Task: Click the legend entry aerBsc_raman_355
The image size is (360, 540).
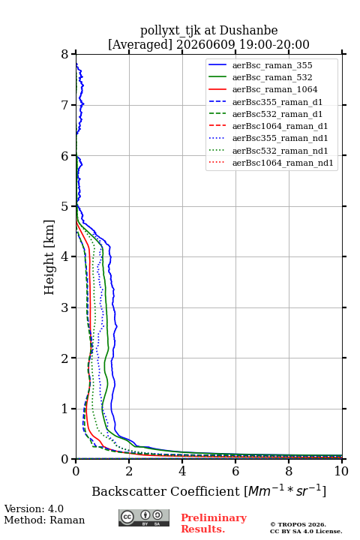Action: (272, 65)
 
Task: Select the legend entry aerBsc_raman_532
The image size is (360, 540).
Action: (272, 77)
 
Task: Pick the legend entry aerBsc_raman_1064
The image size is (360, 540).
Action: (275, 89)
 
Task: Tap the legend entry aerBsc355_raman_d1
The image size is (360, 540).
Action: (277, 102)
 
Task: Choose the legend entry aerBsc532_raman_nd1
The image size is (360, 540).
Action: (280, 151)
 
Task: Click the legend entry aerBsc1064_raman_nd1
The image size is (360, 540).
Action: (283, 163)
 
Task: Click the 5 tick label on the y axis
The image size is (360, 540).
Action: (65, 206)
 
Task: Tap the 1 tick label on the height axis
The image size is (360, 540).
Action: (65, 409)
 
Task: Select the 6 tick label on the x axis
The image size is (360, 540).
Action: (235, 471)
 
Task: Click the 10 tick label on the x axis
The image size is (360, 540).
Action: (341, 471)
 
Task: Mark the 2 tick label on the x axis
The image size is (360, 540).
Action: (129, 471)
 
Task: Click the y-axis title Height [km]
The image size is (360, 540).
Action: (49, 257)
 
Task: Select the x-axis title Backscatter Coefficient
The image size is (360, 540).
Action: (166, 491)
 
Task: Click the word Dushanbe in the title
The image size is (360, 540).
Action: (249, 31)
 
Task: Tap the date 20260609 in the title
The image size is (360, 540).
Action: (205, 44)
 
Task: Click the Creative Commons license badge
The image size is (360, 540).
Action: (144, 517)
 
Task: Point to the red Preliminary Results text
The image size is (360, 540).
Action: (214, 523)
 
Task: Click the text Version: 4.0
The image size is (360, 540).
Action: (34, 508)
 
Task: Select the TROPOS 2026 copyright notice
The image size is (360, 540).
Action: (298, 524)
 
